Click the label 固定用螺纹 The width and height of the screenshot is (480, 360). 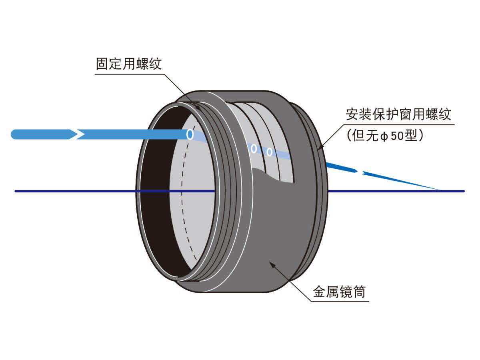(129, 64)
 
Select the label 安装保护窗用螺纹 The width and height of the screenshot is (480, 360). (398, 114)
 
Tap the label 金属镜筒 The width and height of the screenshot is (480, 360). (339, 292)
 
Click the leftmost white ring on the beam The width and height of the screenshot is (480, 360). (190, 134)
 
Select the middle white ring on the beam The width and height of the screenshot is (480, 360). (254, 148)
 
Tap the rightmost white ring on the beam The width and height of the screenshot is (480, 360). (270, 152)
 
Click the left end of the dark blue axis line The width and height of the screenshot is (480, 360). (16, 191)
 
